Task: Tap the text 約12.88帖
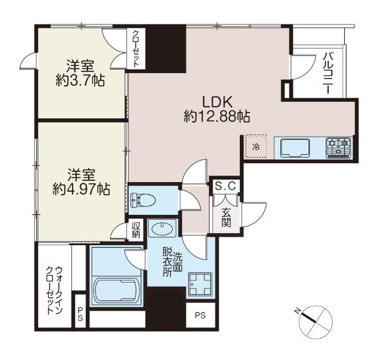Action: [217, 117]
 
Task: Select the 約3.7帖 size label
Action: [80, 80]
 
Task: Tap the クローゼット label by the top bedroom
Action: [136, 49]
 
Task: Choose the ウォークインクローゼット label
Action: [54, 291]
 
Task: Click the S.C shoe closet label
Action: [225, 186]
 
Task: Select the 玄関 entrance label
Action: [226, 218]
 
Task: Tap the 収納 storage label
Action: [136, 230]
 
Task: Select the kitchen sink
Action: [295, 148]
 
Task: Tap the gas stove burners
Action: [338, 148]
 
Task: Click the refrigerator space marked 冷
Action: [256, 146]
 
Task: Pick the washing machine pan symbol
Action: [201, 284]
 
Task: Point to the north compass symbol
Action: [316, 321]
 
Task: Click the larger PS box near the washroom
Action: [201, 315]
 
